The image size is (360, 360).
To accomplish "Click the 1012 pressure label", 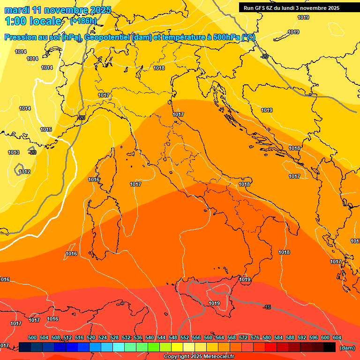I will pos(25,172).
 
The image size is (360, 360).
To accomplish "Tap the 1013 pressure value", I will pos(14,153).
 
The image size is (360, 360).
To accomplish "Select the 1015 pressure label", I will pos(46,130).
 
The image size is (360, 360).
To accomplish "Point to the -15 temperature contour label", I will pos(267,307).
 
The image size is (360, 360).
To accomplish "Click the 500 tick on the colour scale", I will pos(32,338).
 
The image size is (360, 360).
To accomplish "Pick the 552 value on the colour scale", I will pos(185,338).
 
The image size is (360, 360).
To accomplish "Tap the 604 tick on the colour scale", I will pos(337,338).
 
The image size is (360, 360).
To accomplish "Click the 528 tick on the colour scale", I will pos(114,338).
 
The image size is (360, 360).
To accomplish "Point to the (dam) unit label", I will pos(347,348).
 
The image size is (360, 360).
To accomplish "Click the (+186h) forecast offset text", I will pos(83,21).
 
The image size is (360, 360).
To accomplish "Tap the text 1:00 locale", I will pos(33,21).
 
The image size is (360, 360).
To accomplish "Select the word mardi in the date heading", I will pos(16,10).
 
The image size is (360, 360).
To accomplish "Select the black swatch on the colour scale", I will pos(330,347).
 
